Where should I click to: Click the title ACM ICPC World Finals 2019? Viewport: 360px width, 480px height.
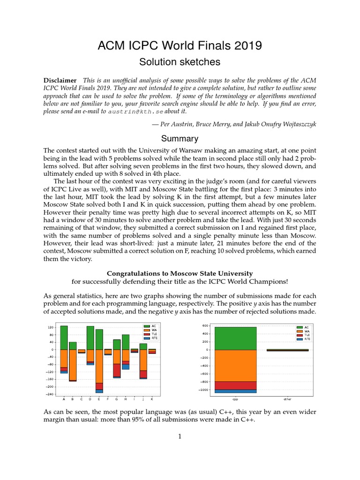click(180, 45)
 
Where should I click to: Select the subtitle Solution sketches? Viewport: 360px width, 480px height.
click(180, 62)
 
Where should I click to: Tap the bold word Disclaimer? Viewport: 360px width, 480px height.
click(60, 80)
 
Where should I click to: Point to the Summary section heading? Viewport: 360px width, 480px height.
click(180, 139)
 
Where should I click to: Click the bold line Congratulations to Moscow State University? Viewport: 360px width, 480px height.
click(180, 273)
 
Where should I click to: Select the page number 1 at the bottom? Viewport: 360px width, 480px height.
click(180, 436)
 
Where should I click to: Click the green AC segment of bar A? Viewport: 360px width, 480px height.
click(64, 337)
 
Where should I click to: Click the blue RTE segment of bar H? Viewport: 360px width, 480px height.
click(126, 367)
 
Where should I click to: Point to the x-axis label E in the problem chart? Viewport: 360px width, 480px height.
click(99, 399)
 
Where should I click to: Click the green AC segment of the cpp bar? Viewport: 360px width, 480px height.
click(235, 338)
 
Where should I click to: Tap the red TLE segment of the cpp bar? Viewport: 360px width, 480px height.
click(235, 385)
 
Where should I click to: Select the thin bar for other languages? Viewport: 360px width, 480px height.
click(288, 350)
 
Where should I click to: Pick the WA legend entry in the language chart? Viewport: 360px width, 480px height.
click(302, 331)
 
